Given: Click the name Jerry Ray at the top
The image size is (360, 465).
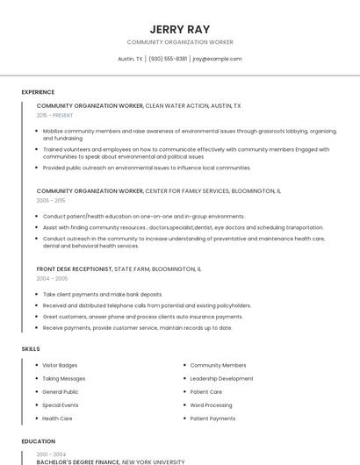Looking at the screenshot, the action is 179,28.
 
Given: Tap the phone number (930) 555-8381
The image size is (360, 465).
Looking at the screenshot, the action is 168,59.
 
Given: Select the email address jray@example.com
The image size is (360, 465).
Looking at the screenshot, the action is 217,59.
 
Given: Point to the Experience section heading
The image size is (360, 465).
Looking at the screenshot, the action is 38,92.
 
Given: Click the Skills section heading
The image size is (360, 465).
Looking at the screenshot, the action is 31,349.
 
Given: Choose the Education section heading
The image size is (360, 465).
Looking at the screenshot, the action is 39,441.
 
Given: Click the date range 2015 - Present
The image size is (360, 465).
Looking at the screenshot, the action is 54,115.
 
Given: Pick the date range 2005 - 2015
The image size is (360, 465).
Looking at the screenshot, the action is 51,200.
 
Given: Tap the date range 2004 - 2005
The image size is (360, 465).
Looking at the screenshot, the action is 52,278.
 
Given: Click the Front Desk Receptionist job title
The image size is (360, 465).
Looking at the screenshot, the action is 75,268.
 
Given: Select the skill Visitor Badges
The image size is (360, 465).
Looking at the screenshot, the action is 60,365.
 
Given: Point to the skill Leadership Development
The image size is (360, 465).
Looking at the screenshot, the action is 221,378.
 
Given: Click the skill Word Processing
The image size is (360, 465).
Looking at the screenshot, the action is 211,405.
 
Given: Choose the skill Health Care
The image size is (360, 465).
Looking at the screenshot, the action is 56,418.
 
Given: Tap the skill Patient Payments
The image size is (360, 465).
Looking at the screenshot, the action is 212,418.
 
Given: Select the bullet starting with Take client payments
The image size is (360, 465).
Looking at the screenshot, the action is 103,294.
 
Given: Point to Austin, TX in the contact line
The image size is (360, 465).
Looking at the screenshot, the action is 130,59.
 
